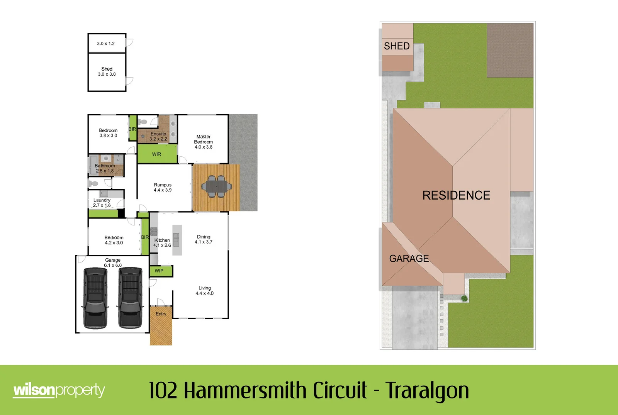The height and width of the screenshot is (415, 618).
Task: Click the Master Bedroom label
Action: coord(203,142)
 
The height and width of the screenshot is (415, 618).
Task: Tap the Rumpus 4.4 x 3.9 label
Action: coord(163,187)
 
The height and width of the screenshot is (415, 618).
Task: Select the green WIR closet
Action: coord(157,154)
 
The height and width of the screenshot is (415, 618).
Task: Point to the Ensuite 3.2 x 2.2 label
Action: coord(158,136)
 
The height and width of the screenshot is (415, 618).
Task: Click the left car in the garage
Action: coord(95,298)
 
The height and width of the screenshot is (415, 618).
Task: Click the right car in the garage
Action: coord(130,298)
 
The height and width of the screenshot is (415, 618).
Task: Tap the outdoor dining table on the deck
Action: coord(216,187)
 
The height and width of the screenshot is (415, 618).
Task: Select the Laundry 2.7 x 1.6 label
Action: coord(102,203)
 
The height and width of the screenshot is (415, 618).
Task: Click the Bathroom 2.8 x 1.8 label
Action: coord(105,168)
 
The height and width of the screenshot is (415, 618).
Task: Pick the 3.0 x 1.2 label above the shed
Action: coord(106,44)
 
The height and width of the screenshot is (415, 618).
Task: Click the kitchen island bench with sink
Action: coord(177,240)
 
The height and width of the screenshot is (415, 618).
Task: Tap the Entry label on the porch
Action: coord(161,314)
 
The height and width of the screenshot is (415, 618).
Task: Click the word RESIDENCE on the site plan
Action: coord(456,195)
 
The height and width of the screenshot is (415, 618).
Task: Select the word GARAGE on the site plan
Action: coord(409,258)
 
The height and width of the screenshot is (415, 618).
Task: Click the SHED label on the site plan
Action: coord(397,46)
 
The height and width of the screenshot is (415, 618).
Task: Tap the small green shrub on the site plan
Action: coord(464,298)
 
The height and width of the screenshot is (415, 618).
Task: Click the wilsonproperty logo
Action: coord(59,390)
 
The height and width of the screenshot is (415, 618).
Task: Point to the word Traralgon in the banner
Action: coord(427,390)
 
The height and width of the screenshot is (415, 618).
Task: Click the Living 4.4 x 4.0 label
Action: coord(204,291)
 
